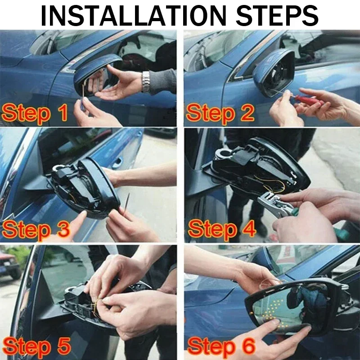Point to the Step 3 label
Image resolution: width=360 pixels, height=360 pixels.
tap(36, 229)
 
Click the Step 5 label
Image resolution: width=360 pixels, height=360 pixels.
tap(36, 346)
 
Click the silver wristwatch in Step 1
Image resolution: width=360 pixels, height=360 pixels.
tap(145, 81)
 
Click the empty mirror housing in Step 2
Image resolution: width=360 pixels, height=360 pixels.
tap(274, 72)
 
